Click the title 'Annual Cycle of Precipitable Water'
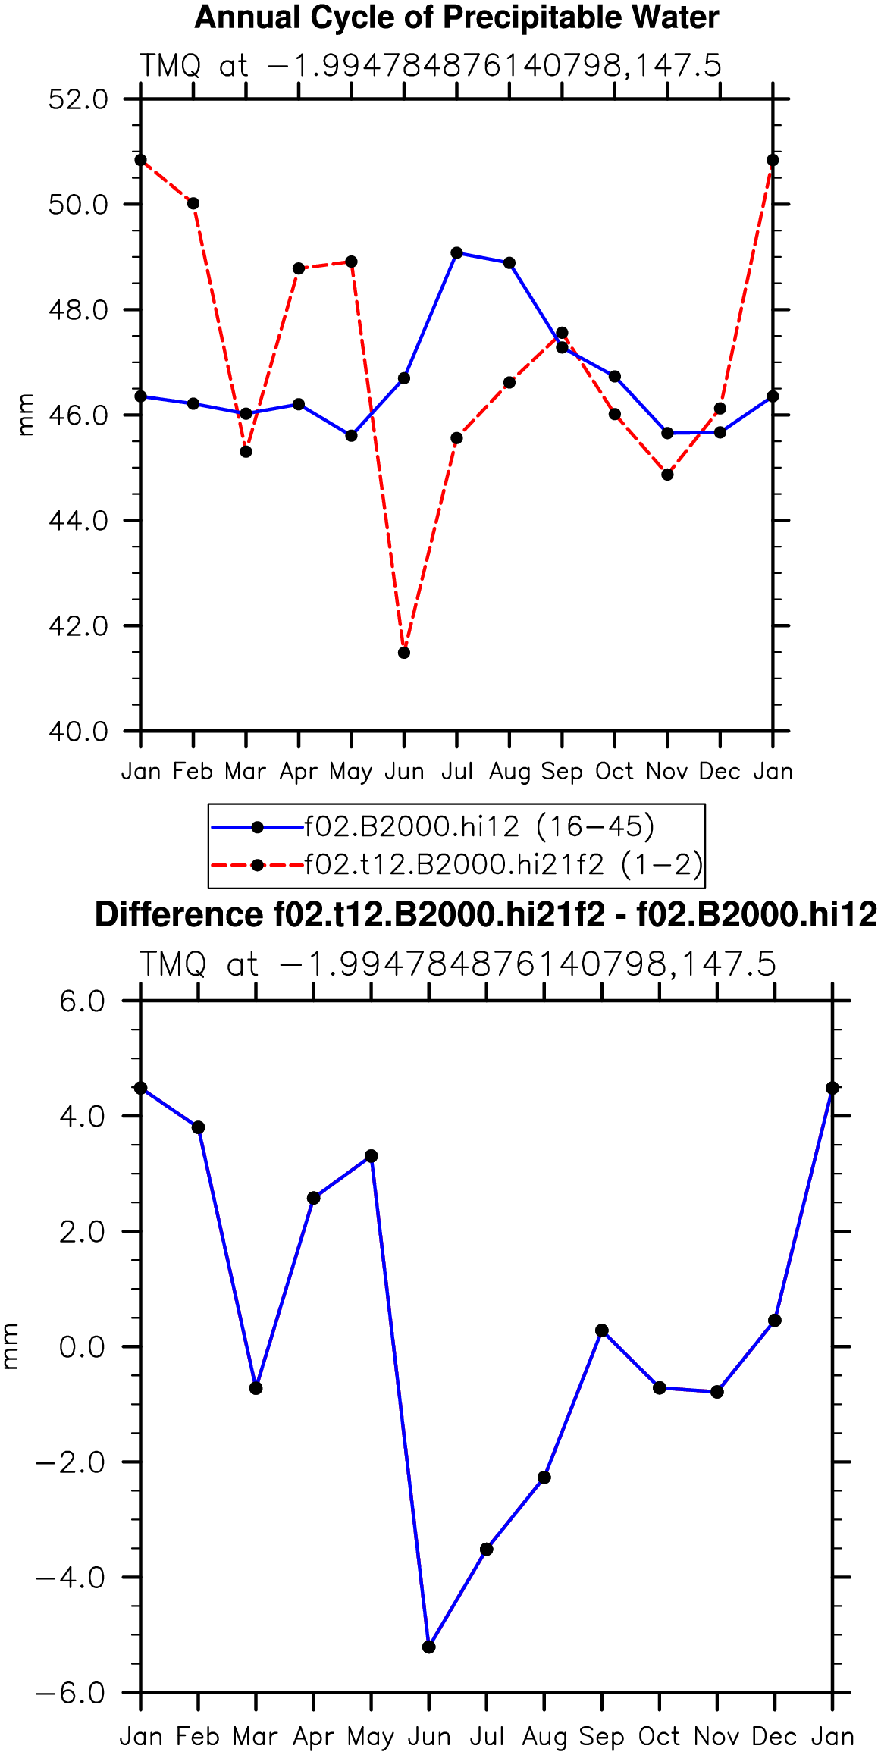[x=456, y=17]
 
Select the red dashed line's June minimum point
[x=404, y=653]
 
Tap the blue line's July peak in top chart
[x=456, y=252]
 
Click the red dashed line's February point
[x=193, y=203]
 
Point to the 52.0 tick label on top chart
[x=79, y=99]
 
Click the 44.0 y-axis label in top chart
[x=79, y=521]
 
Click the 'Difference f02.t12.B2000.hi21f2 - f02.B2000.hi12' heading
[x=486, y=915]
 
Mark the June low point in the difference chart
[x=429, y=1647]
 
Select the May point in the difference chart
[x=372, y=1156]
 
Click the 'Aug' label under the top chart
[x=509, y=772]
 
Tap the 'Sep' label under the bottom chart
[x=602, y=1737]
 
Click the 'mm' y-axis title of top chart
[x=27, y=415]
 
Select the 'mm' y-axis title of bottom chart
[x=10, y=1346]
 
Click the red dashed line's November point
[x=667, y=475]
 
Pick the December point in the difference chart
[x=775, y=1321]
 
